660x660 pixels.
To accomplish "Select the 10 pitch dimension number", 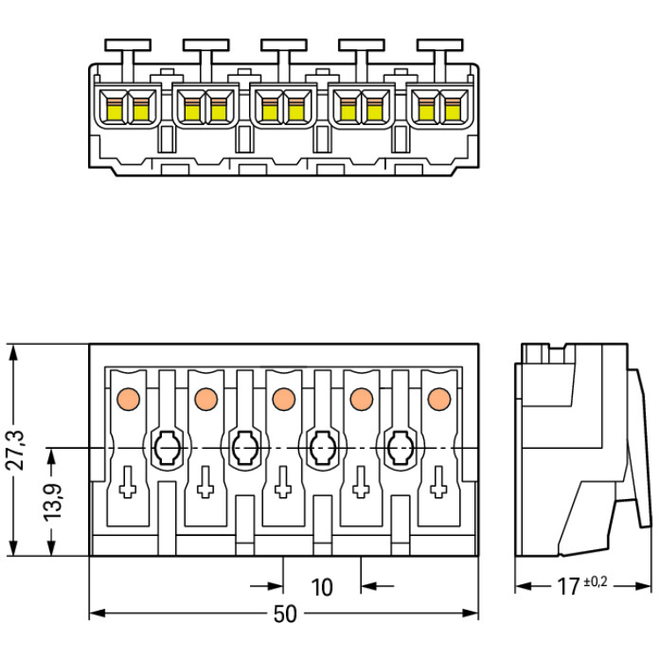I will point(322,587).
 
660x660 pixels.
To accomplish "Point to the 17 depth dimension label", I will point(568,585).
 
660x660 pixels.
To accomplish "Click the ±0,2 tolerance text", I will point(594,581).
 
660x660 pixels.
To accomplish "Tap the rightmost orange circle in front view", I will point(436,399).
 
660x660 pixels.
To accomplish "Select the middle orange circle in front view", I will point(282,399).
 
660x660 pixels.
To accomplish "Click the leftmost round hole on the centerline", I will point(165,449).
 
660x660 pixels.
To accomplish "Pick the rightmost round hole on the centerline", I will point(399,449).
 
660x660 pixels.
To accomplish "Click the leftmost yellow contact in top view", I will point(114,109).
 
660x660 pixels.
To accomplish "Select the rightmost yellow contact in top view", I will point(453,109).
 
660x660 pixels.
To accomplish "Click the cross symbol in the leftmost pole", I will point(128,482).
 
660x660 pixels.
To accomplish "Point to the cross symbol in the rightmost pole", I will point(437,482).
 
